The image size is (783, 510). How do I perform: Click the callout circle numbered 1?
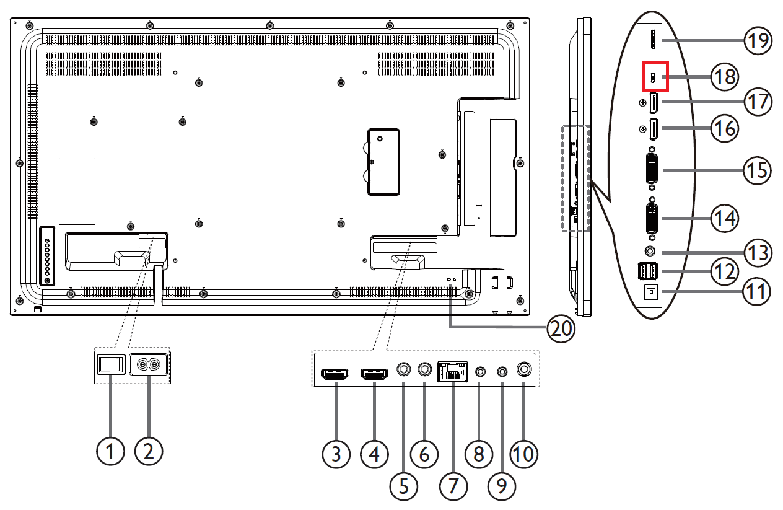pyautogui.click(x=110, y=451)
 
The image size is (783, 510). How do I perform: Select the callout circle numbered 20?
pyautogui.click(x=561, y=328)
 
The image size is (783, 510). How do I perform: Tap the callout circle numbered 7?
pyautogui.click(x=453, y=486)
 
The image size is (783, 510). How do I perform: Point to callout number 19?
pyautogui.click(x=758, y=40)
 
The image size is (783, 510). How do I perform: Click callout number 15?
pyautogui.click(x=757, y=170)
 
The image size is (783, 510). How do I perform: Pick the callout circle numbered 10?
pyautogui.click(x=523, y=454)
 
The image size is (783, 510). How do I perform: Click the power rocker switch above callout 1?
pyautogui.click(x=111, y=364)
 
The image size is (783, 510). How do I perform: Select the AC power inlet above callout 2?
pyautogui.click(x=149, y=364)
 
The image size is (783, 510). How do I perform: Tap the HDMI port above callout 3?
pyautogui.click(x=335, y=374)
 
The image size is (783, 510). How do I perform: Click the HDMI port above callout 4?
pyautogui.click(x=374, y=374)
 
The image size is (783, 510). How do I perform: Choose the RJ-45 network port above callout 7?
pyautogui.click(x=452, y=371)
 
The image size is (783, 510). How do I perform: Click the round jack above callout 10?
pyautogui.click(x=524, y=369)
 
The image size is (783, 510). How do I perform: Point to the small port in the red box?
pyautogui.click(x=653, y=77)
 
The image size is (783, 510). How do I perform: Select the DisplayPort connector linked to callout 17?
pyautogui.click(x=654, y=103)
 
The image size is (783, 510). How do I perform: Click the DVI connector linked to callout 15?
pyautogui.click(x=652, y=169)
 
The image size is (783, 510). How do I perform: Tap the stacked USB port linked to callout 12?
pyautogui.click(x=647, y=271)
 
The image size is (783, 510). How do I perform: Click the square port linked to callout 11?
pyautogui.click(x=651, y=292)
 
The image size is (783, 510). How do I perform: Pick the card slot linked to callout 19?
pyautogui.click(x=653, y=40)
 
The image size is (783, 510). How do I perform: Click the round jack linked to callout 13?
pyautogui.click(x=650, y=251)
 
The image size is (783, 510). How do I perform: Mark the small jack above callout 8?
pyautogui.click(x=481, y=371)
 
